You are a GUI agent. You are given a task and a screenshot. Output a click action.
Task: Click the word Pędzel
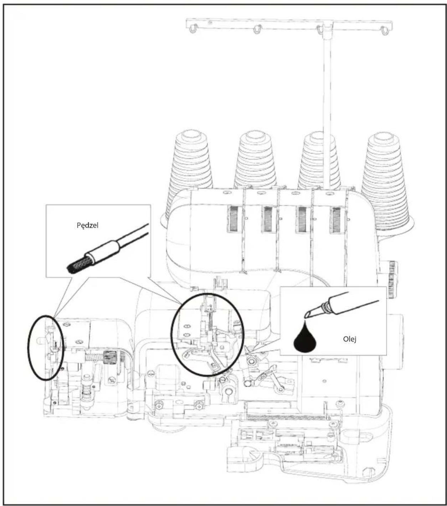pyautogui.click(x=87, y=225)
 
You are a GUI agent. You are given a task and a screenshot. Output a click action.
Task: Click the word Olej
pyautogui.click(x=349, y=339)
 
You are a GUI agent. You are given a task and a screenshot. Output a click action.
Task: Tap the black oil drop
pyautogui.click(x=304, y=338)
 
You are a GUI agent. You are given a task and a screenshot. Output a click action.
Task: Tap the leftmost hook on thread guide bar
pyautogui.click(x=193, y=29)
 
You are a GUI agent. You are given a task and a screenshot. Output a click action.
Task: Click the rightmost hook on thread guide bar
pyautogui.click(x=384, y=30)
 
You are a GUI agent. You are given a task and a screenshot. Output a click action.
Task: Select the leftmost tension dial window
pyautogui.click(x=234, y=218)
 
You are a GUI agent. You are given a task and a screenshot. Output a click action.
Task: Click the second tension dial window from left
pyautogui.click(x=268, y=219)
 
